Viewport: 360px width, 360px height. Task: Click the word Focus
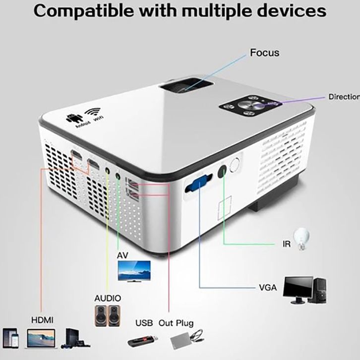[x=264, y=53]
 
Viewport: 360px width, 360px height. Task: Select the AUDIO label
[x=108, y=299]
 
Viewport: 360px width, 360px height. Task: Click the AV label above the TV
[x=123, y=255]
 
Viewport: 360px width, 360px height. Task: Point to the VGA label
[x=269, y=288]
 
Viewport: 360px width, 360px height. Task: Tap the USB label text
[x=144, y=323]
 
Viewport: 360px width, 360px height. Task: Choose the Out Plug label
[x=176, y=323]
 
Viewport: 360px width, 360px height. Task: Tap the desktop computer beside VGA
[x=304, y=290]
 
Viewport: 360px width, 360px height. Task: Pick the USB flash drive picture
[x=143, y=341]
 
